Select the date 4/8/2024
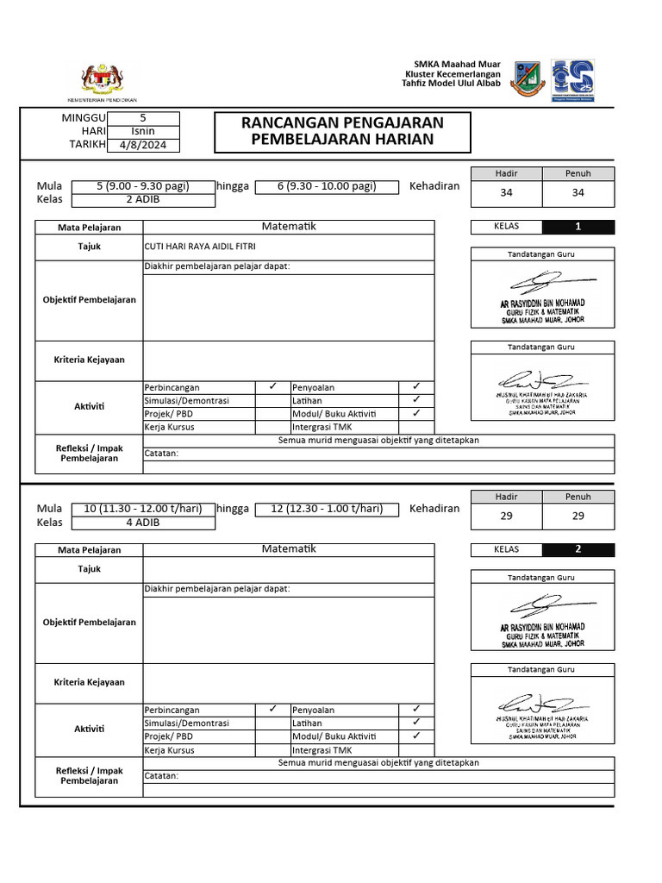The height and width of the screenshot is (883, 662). [x=143, y=145]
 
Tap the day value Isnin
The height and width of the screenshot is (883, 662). [x=143, y=131]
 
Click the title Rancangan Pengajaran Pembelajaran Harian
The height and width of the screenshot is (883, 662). [x=342, y=131]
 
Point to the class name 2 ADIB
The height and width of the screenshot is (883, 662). [x=142, y=200]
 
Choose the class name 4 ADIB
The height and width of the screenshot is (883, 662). [x=142, y=523]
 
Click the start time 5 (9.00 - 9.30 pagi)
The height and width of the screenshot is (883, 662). [x=142, y=186]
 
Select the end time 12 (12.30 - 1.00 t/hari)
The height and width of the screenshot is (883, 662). [x=327, y=509]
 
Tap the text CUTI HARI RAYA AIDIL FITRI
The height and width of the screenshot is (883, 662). [x=195, y=246]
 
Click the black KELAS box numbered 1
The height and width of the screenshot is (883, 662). [x=578, y=228]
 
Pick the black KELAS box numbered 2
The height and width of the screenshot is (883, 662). [x=578, y=549]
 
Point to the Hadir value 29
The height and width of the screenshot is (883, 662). [x=506, y=516]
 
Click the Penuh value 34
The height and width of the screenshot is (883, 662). [x=578, y=193]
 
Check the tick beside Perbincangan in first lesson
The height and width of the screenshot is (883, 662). [x=272, y=387]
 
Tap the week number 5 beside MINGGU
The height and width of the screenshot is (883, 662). [x=143, y=118]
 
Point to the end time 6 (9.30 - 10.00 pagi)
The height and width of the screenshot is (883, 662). [x=327, y=186]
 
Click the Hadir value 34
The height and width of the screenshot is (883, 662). [x=506, y=193]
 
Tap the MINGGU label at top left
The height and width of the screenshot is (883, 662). [x=84, y=118]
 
